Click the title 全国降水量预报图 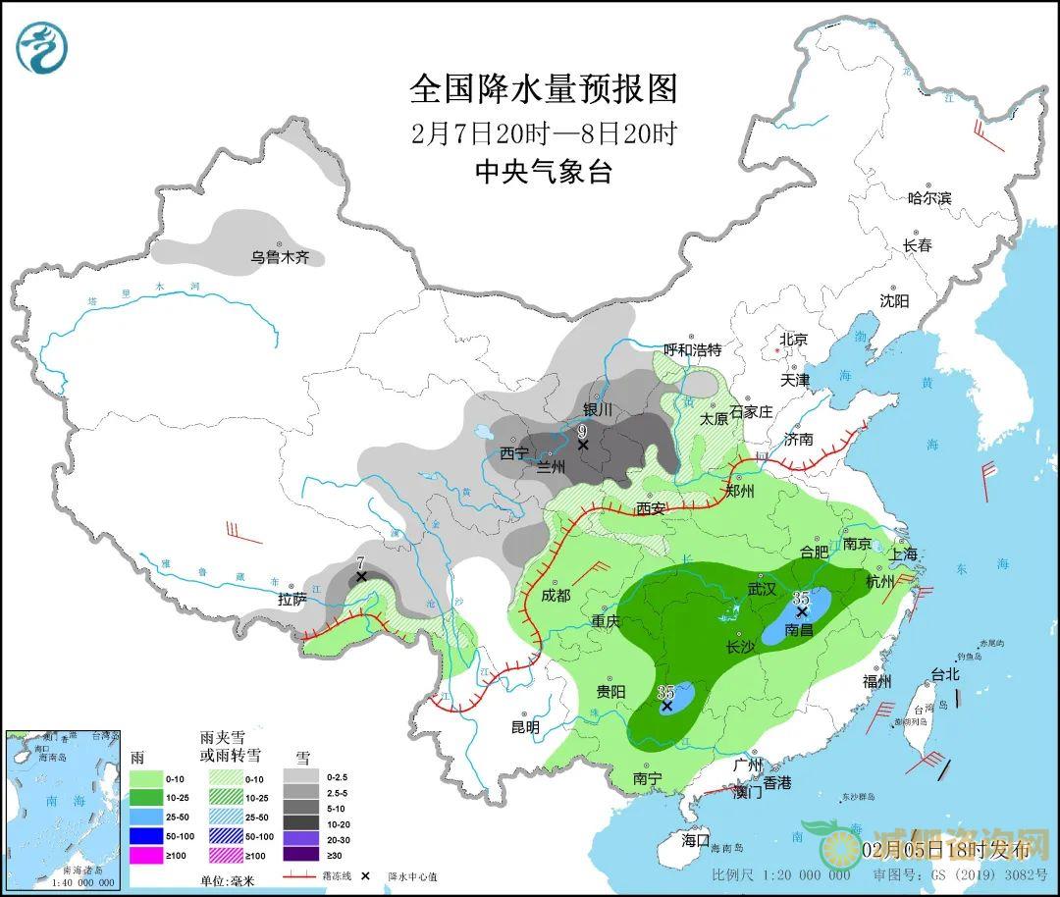pyautogui.click(x=543, y=89)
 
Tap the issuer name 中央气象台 pyautogui.click(x=543, y=173)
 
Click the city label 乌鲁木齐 pyautogui.click(x=280, y=257)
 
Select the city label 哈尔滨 pyautogui.click(x=928, y=198)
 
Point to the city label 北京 pyautogui.click(x=793, y=340)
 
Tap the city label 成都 pyautogui.click(x=555, y=595)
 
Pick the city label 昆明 pyautogui.click(x=525, y=727)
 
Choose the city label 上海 pyautogui.click(x=904, y=554)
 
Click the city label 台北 pyautogui.click(x=943, y=675)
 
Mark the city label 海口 pyautogui.click(x=695, y=840)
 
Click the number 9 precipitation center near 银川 pyautogui.click(x=582, y=431)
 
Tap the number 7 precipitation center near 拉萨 pyautogui.click(x=361, y=563)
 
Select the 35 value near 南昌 pyautogui.click(x=801, y=597)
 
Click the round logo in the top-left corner pyautogui.click(x=43, y=48)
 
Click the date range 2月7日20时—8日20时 pyautogui.click(x=543, y=133)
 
